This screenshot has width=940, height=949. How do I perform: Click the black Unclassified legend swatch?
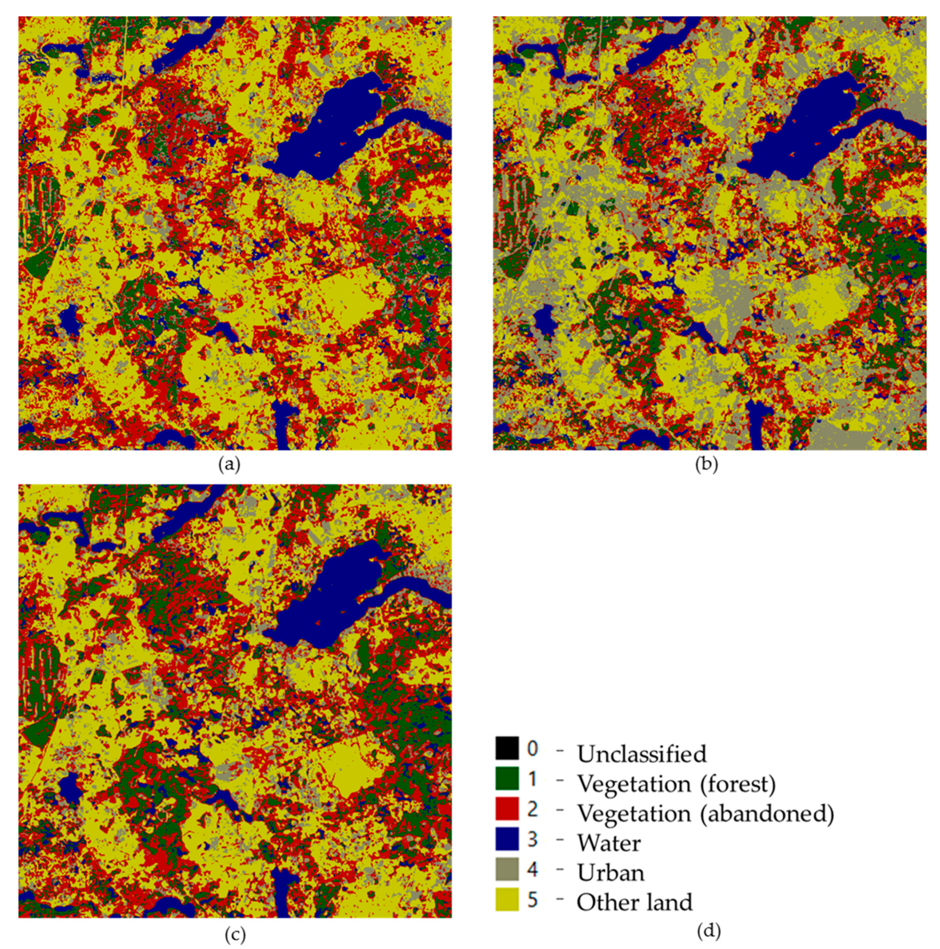coord(507,748)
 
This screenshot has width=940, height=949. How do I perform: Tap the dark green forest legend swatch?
coord(507,779)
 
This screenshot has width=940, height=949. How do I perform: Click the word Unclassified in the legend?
coord(642,754)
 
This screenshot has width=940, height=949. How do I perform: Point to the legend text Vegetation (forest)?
coord(676,784)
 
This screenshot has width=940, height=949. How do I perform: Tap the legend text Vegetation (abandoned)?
coord(705,814)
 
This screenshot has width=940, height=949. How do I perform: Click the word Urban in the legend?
coord(610,873)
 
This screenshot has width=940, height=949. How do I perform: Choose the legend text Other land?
coord(634,903)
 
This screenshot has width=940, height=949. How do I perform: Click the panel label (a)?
coord(229,464)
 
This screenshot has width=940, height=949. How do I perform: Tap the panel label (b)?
coord(706,464)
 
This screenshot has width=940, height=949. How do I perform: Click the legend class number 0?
coord(533,748)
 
